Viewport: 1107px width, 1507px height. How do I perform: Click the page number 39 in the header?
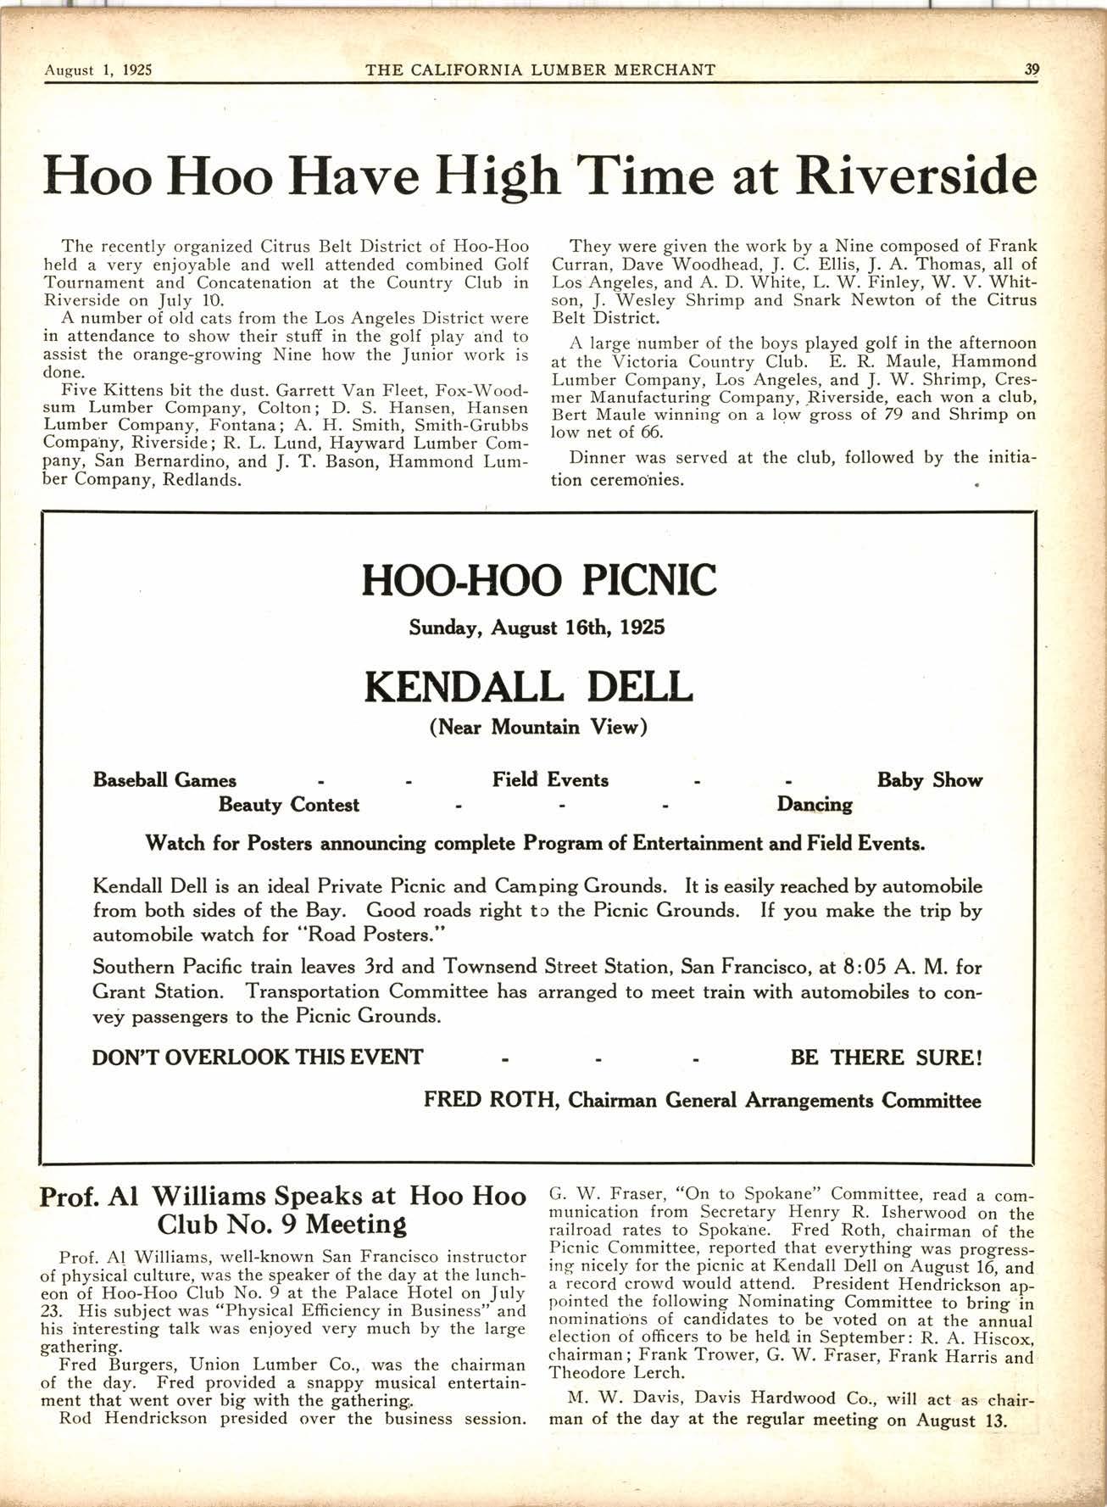click(x=1031, y=70)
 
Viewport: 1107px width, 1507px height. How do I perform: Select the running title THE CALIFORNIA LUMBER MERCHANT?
click(x=540, y=70)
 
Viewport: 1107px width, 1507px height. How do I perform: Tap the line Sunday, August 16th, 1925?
click(x=537, y=628)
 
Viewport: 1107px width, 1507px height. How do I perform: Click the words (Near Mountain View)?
click(x=538, y=728)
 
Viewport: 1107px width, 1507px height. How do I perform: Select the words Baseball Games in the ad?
click(x=164, y=780)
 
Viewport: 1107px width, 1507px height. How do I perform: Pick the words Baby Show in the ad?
click(x=929, y=780)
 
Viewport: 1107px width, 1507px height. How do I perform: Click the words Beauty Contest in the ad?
click(x=288, y=805)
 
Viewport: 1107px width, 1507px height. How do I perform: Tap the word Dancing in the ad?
click(x=814, y=805)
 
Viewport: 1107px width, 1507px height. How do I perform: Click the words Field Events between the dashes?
click(x=550, y=780)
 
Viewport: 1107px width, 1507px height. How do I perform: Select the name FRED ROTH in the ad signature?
click(x=490, y=1101)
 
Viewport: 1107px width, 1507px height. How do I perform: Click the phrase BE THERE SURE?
click(x=886, y=1058)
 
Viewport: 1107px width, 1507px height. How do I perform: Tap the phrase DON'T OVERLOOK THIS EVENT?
click(x=258, y=1058)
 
